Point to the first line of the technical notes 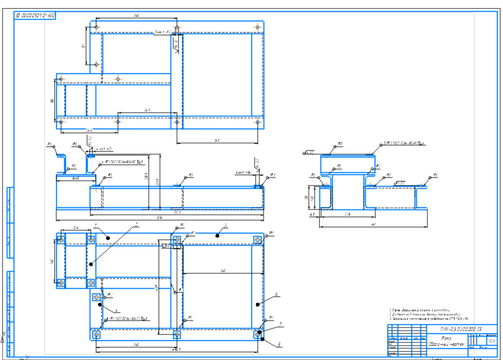point(420,309)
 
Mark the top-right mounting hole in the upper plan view point(257,27)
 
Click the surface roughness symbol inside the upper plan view point(175,47)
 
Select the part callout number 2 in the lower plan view point(137,225)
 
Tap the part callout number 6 point(277,294)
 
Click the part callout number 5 point(277,344)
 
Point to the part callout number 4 point(117,310)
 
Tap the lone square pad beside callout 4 point(96,297)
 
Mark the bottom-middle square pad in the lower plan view point(177,335)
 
